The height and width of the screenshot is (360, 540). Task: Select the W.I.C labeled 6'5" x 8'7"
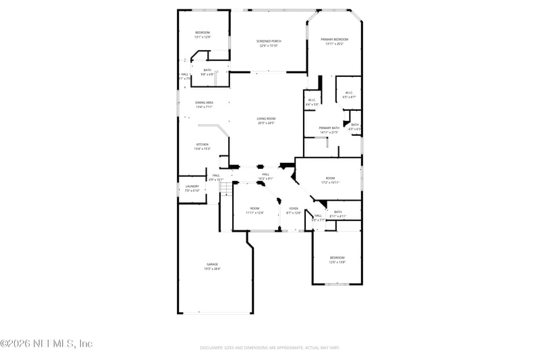(348, 95)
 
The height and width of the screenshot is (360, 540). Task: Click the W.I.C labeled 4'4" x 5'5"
(312, 102)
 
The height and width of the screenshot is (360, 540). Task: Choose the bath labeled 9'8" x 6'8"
(207, 72)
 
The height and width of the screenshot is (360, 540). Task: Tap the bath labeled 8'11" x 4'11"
(337, 213)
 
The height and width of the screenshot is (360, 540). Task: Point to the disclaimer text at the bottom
(269, 348)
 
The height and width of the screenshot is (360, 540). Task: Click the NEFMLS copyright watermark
(47, 344)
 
